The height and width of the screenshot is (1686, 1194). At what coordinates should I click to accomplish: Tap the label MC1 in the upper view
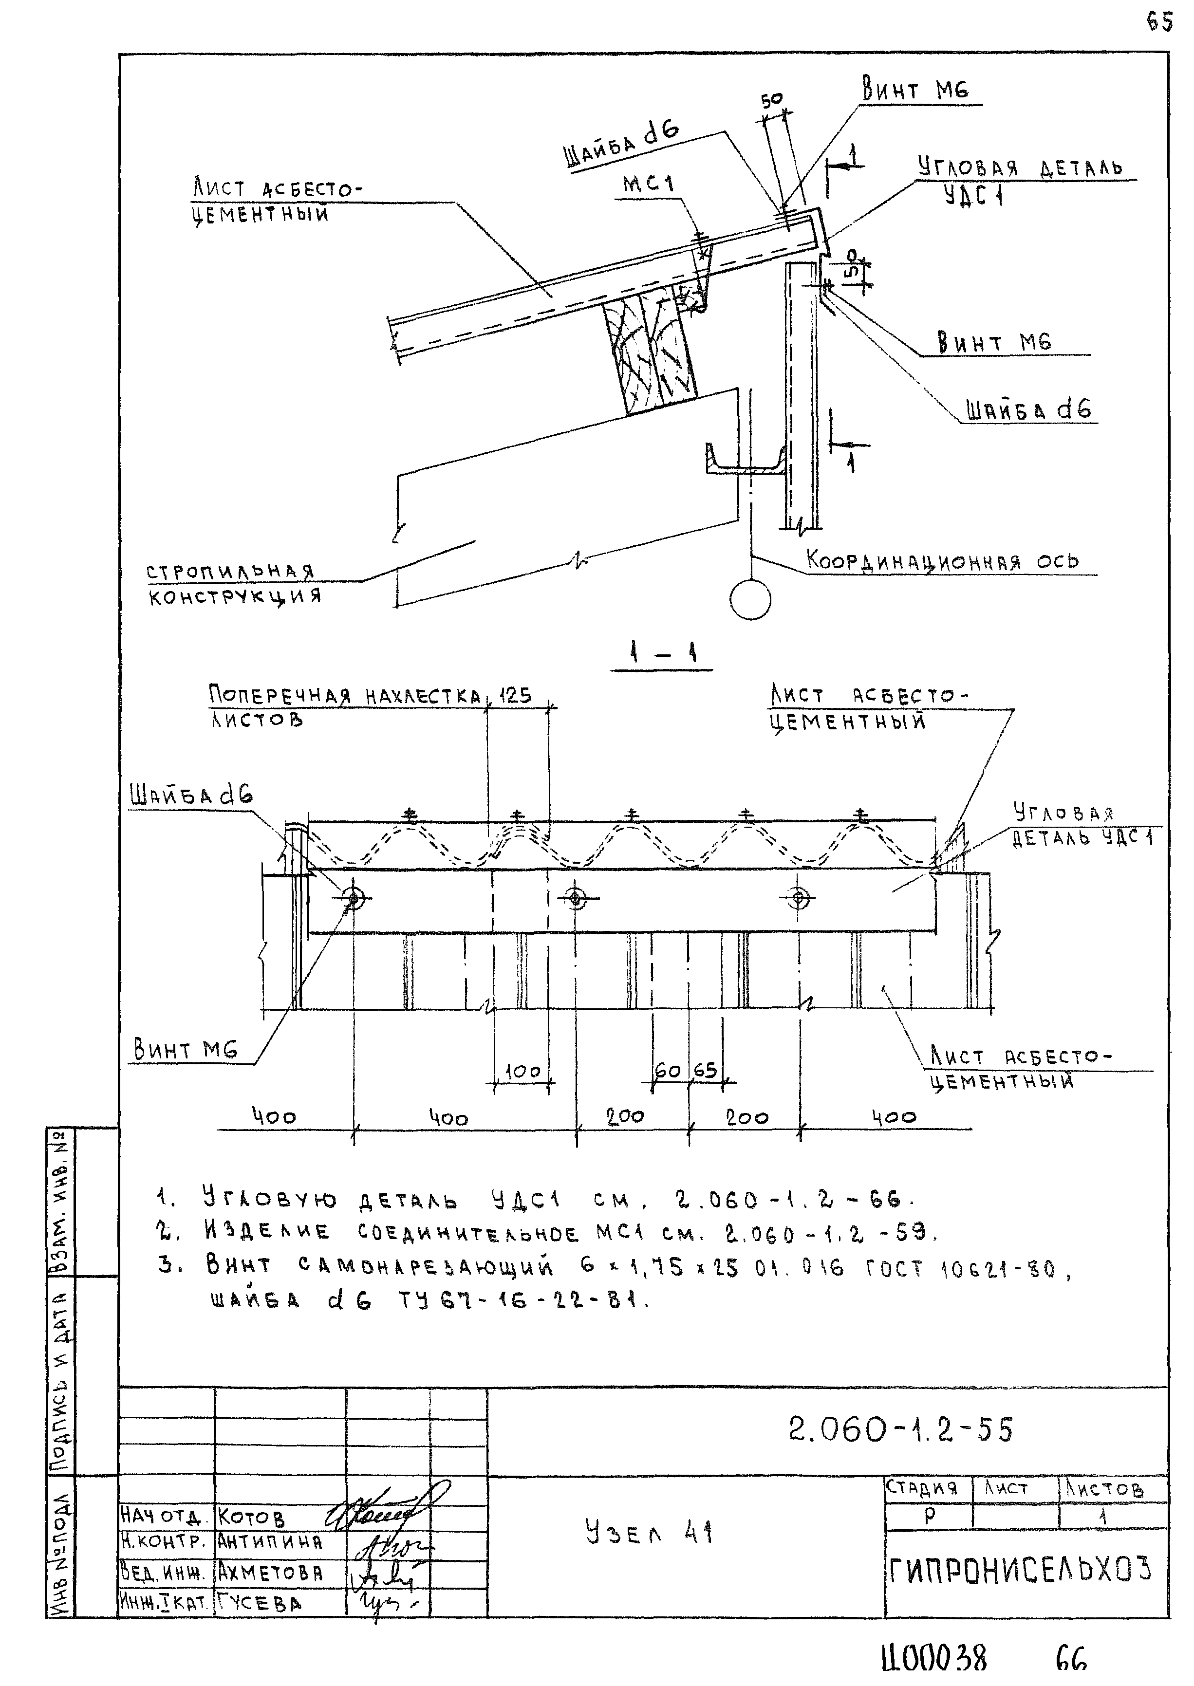tap(649, 183)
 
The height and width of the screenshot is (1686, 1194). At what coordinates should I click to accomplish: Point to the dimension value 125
tap(515, 695)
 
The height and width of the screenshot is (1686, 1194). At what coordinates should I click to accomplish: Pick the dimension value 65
tap(705, 1070)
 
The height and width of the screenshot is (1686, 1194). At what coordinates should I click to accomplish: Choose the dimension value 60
tap(668, 1070)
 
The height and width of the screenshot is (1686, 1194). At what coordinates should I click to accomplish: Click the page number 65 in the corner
tap(1159, 23)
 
